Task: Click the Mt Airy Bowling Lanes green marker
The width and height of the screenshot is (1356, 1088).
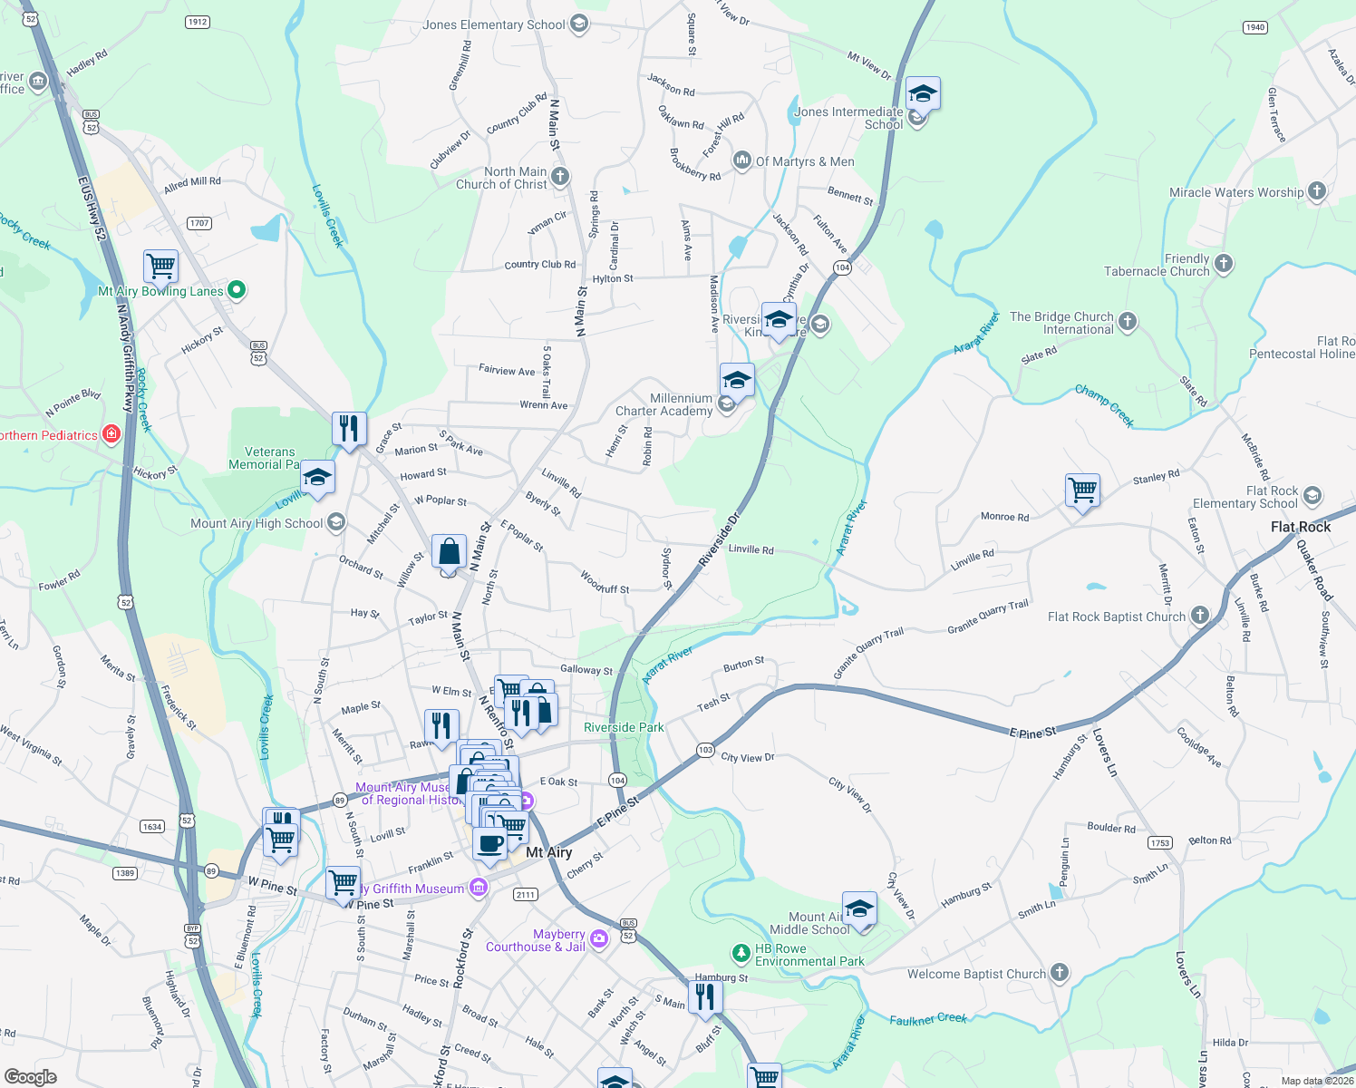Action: [237, 290]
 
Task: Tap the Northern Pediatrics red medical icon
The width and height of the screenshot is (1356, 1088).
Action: [111, 434]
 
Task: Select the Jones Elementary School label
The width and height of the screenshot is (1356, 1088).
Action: [494, 24]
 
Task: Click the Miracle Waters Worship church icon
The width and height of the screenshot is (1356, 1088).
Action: [1317, 191]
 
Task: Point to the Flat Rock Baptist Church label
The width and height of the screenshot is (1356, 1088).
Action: [1117, 617]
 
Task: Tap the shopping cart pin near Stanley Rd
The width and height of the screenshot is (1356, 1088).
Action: [1083, 491]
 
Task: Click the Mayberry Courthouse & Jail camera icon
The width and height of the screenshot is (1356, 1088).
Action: [598, 939]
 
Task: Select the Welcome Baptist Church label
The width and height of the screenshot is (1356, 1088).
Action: [976, 974]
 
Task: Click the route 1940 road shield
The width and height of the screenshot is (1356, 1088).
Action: [1255, 27]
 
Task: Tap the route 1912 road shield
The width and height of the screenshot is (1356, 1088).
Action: [197, 22]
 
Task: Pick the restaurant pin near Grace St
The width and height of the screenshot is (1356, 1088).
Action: [349, 427]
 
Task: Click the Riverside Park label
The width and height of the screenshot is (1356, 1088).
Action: [624, 727]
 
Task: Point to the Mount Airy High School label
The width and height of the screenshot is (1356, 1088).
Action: [257, 523]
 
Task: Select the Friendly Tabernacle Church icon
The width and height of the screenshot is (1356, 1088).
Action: [1224, 264]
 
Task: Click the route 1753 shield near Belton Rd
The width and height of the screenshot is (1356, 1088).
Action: [1160, 842]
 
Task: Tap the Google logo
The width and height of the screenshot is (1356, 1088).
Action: [30, 1076]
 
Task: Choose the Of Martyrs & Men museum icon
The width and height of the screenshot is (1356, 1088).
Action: [742, 160]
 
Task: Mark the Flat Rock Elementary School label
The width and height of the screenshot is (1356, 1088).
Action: [1245, 497]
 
